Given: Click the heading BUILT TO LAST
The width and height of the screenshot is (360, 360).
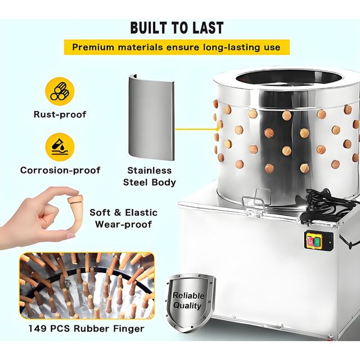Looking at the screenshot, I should point(177,27).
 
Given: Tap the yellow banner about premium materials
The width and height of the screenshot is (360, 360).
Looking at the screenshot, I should point(176,47).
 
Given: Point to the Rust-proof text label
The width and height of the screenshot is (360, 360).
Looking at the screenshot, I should point(59,114).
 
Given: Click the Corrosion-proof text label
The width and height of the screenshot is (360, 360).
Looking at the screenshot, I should point(60,171).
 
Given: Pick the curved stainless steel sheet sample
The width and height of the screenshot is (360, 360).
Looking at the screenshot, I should point(151,117).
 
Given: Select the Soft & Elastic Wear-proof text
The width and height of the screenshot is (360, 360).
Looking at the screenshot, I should point(123,218).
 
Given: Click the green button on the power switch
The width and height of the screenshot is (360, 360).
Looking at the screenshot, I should point(317,242).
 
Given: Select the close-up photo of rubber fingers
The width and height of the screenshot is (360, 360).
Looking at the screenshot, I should point(86,285).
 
